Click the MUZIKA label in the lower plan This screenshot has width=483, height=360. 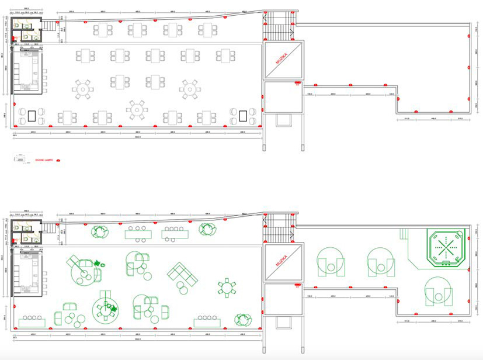pos(284,262)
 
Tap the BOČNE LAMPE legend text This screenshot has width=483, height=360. pos(44,159)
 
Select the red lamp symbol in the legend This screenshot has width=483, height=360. pos(58,160)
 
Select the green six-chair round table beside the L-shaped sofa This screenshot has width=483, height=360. pos(227,287)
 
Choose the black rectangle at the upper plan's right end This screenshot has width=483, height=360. pos(243,116)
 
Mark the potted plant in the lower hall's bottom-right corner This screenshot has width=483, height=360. pos(243,320)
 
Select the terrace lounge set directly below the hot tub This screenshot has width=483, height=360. pos(438,291)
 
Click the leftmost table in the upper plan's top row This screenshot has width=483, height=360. pos(105,29)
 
